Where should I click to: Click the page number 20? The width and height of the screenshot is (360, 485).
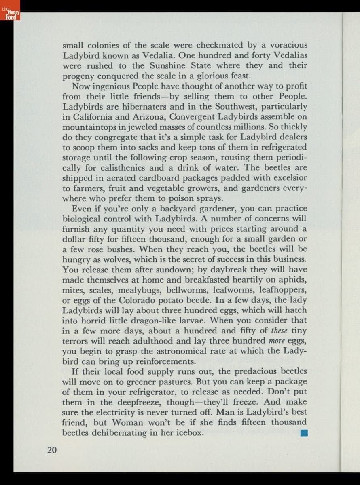tap(52, 449)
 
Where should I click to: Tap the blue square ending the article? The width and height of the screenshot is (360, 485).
tap(305, 433)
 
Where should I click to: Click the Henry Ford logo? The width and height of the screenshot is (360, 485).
tap(9, 15)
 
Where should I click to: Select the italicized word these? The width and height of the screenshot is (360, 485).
tap(279, 331)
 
